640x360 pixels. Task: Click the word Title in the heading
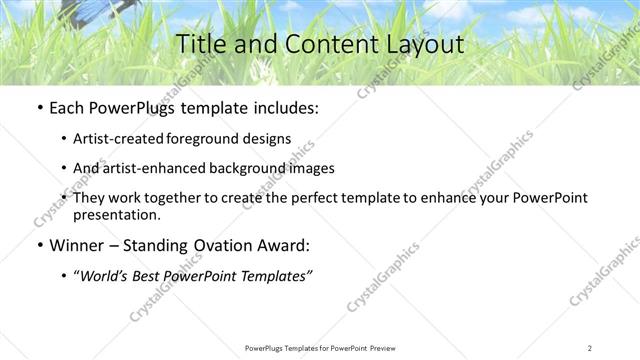(x=200, y=45)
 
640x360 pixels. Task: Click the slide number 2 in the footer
(x=590, y=347)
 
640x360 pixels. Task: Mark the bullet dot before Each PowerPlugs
(x=38, y=108)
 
